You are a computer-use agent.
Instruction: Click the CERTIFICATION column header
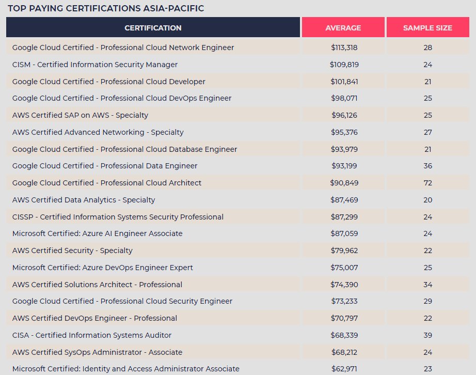[x=153, y=28]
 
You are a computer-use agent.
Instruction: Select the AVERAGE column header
[x=343, y=28]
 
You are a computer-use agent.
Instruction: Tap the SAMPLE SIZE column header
[x=427, y=28]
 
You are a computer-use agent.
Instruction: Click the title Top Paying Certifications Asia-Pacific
[x=106, y=8]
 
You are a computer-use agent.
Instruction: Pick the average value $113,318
[x=344, y=48]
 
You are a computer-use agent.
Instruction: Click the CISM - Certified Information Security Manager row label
[x=94, y=65]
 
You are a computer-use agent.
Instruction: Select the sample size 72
[x=428, y=183]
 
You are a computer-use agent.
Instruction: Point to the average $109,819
[x=344, y=65]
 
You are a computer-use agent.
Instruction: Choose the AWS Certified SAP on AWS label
[x=80, y=115]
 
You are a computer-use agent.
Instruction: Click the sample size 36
[x=428, y=166]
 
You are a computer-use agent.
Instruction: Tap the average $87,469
[x=344, y=200]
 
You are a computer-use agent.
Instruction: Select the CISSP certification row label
[x=118, y=217]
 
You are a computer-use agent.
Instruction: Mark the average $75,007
[x=344, y=268]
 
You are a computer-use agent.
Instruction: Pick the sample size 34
[x=428, y=285]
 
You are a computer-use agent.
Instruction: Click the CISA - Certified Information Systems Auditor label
[x=92, y=335]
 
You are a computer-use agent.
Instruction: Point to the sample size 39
[x=428, y=335]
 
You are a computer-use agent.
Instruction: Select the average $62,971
[x=344, y=369]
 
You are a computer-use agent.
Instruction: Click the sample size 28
[x=428, y=48]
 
